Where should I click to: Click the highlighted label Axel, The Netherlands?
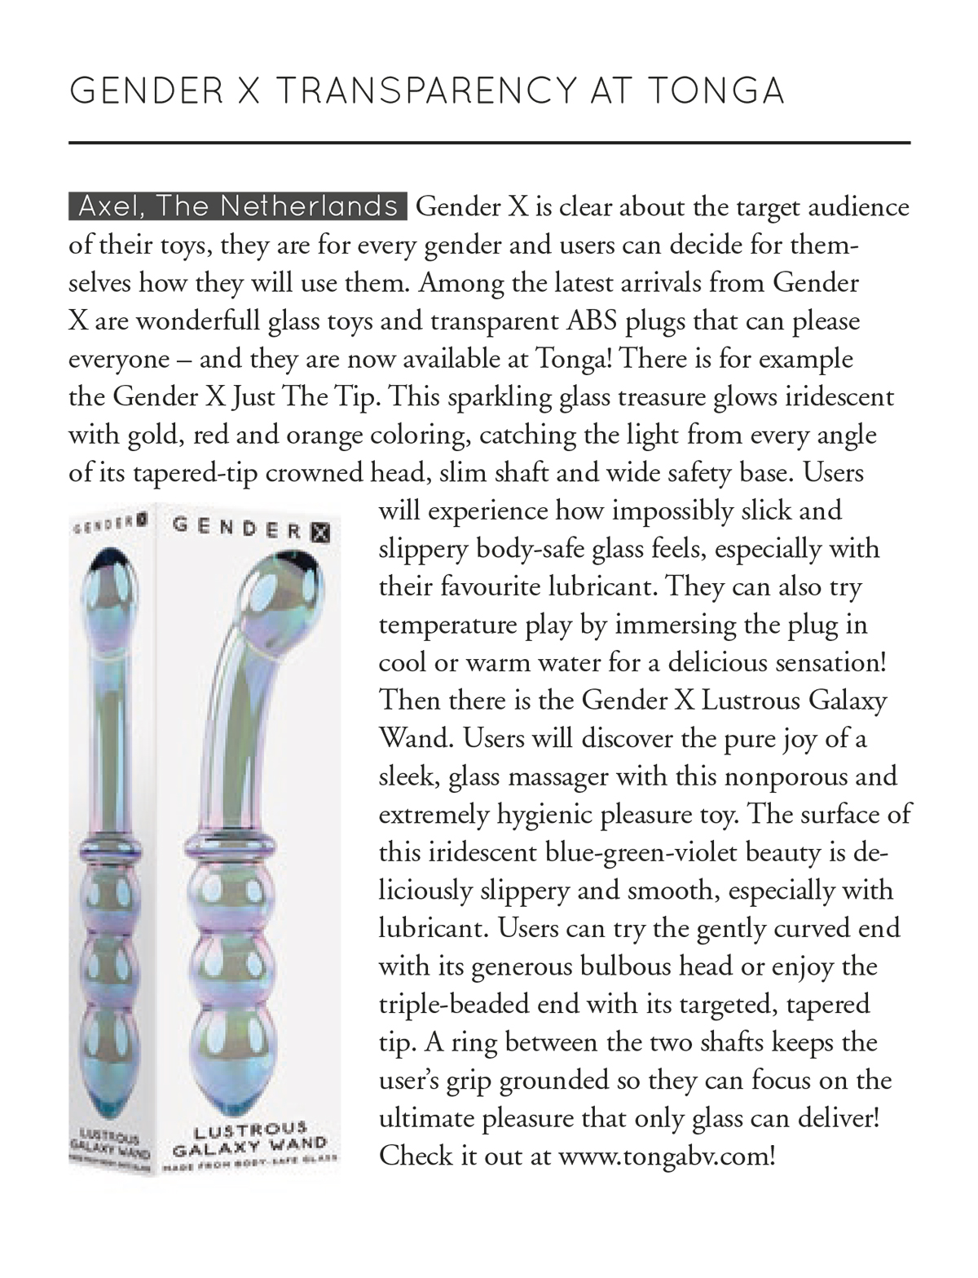(237, 206)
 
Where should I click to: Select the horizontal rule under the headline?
(489, 143)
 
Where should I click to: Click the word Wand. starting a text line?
(416, 738)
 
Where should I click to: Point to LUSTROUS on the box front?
(250, 1130)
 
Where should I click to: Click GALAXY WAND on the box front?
(250, 1147)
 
